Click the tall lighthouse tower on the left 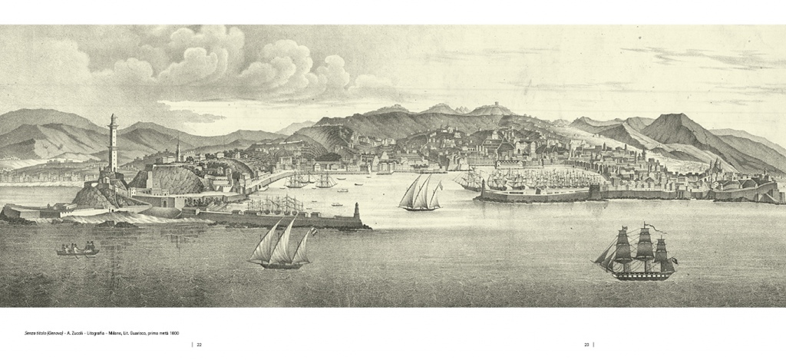[113, 146]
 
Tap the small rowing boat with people [78, 250]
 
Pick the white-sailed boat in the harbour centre [420, 193]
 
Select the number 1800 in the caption [173, 332]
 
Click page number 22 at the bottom [199, 344]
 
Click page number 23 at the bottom [586, 344]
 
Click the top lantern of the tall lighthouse [113, 120]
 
